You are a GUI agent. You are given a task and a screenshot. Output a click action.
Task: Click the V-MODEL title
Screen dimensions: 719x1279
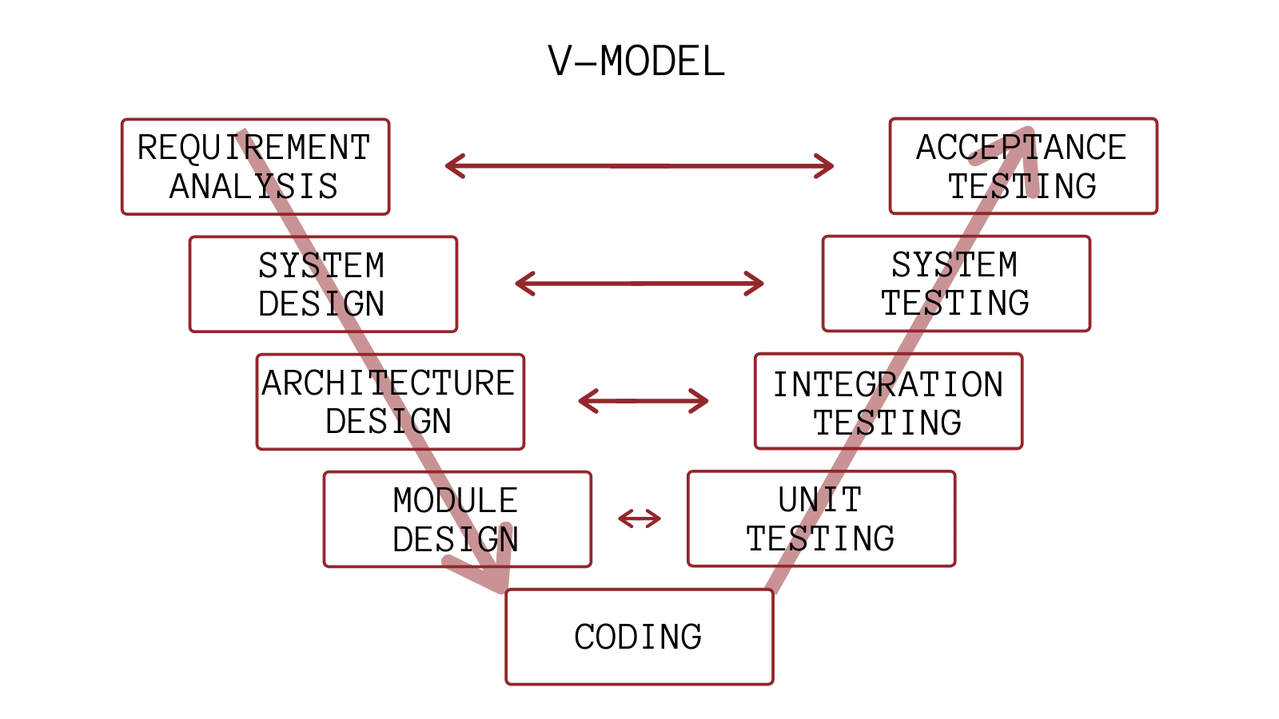coord(636,62)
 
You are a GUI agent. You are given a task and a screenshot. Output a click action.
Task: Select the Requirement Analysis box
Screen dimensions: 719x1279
coord(255,167)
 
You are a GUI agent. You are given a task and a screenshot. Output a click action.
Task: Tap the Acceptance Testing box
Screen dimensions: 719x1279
coord(1023,166)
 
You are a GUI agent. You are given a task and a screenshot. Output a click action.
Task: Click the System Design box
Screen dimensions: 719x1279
coord(323,284)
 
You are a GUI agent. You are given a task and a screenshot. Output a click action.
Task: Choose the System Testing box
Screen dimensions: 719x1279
coord(956,284)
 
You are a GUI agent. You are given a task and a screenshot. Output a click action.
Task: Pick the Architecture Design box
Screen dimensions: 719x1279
coord(390,402)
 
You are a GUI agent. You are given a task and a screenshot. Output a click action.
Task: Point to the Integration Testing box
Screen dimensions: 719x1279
coord(888,402)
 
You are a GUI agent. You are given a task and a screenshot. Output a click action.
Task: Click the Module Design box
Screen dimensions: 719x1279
coord(457,519)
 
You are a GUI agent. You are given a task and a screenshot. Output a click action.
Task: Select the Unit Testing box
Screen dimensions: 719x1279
coord(821,519)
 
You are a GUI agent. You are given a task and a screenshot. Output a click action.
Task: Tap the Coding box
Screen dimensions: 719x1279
coord(639,637)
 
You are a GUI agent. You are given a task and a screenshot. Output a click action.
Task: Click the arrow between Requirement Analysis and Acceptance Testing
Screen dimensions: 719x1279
coord(639,166)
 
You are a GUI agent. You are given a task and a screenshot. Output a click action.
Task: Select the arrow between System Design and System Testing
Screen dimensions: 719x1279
coord(639,284)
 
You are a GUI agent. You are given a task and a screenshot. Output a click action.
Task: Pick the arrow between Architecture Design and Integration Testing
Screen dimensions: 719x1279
coord(643,401)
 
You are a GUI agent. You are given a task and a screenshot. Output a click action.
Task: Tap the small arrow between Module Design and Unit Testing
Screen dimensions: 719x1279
coord(639,519)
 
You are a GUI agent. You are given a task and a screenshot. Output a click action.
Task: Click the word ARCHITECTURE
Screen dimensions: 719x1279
coord(388,383)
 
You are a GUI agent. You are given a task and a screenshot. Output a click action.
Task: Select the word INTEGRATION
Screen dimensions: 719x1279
coord(887,385)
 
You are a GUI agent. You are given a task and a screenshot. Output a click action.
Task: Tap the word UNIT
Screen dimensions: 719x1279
coord(820,500)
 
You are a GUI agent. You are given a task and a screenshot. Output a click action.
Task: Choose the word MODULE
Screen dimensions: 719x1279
coord(456,501)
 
